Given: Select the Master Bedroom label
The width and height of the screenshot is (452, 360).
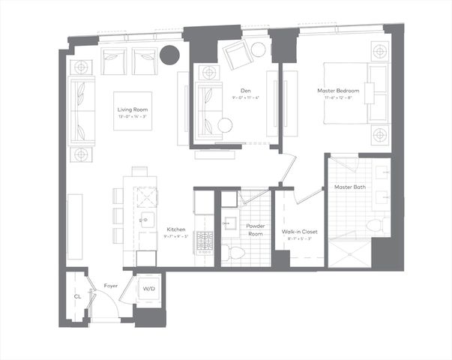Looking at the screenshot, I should coord(337,91).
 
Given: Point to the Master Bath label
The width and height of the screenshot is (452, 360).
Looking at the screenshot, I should coord(349,187).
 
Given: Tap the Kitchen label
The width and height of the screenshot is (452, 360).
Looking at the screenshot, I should coord(176,229).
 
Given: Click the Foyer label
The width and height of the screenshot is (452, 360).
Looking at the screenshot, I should coord(111,286).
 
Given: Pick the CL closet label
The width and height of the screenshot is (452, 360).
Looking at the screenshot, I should coord(77,296).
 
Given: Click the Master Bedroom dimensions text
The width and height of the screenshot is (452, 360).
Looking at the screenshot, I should coord(337,97).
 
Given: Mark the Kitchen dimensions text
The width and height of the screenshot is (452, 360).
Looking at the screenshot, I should coord(176,237).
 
